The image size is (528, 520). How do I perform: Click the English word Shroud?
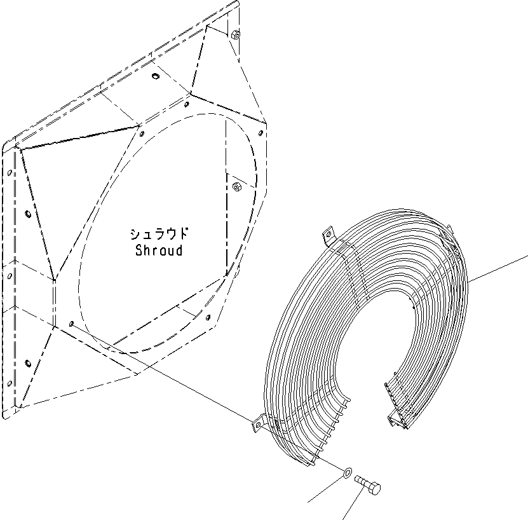pyautogui.click(x=159, y=250)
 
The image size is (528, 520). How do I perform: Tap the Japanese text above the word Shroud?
pyautogui.click(x=160, y=233)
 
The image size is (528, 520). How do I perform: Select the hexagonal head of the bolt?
pyautogui.click(x=374, y=489)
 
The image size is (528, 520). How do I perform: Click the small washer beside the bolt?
pyautogui.click(x=348, y=472)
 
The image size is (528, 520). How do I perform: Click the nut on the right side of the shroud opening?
pyautogui.click(x=236, y=186)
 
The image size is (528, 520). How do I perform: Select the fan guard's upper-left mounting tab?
pyautogui.click(x=327, y=238)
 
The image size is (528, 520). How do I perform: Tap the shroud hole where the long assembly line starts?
pyautogui.click(x=71, y=323)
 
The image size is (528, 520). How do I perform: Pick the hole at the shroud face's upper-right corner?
pyautogui.click(x=261, y=132)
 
